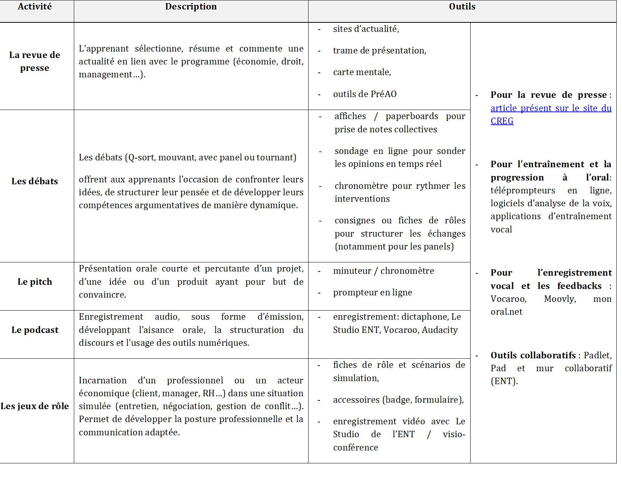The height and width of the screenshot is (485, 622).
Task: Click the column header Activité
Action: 34,6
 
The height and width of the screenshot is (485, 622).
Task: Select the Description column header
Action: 191,6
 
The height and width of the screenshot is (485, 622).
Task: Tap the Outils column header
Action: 462,6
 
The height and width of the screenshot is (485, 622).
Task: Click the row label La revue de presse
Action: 34,61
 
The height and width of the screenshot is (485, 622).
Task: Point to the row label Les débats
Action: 34,181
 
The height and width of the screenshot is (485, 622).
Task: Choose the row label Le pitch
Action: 34,282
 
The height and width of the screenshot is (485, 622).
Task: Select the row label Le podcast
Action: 34,330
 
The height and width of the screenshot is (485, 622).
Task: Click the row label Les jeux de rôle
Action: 34,406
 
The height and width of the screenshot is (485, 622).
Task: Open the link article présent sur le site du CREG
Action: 550,108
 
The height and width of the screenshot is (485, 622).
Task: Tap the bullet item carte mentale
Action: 362,72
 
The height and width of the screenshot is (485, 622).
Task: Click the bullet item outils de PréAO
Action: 365,94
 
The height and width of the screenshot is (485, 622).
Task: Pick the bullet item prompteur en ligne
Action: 373,292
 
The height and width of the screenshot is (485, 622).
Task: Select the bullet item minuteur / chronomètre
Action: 383,271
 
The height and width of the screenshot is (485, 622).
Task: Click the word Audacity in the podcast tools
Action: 440,330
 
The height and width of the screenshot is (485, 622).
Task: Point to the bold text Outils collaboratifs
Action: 533,355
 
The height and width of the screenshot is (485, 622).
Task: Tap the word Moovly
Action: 560,299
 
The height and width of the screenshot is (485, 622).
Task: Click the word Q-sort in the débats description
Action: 140,157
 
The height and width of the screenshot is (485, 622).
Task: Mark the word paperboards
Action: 412,116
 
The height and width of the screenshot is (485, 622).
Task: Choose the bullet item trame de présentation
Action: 379,50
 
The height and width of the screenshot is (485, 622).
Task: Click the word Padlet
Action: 597,355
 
